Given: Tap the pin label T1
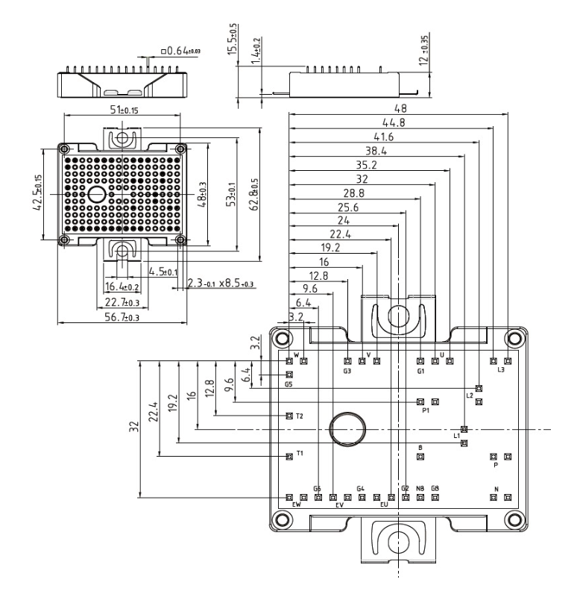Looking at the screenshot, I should click(300, 453).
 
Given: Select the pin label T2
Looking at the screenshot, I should click(300, 416).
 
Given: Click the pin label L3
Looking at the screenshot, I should click(500, 370).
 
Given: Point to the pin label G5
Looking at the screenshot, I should click(288, 385).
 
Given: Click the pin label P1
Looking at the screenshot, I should click(426, 410).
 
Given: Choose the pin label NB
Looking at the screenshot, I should click(420, 488).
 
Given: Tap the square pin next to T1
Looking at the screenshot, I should click(289, 455).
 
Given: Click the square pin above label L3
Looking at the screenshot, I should click(508, 361).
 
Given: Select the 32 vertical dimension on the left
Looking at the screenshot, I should click(133, 428).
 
